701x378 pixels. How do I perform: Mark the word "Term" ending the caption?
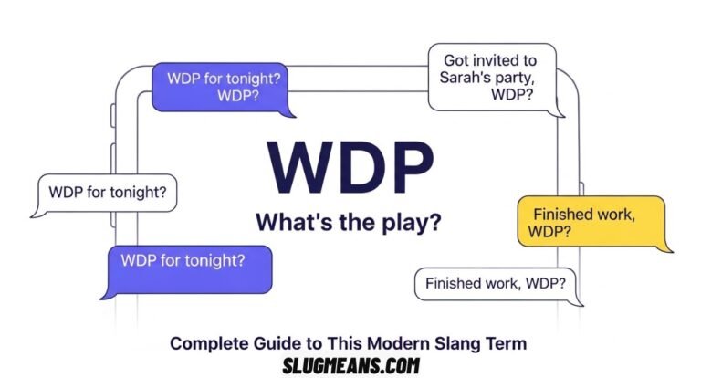[507, 343]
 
